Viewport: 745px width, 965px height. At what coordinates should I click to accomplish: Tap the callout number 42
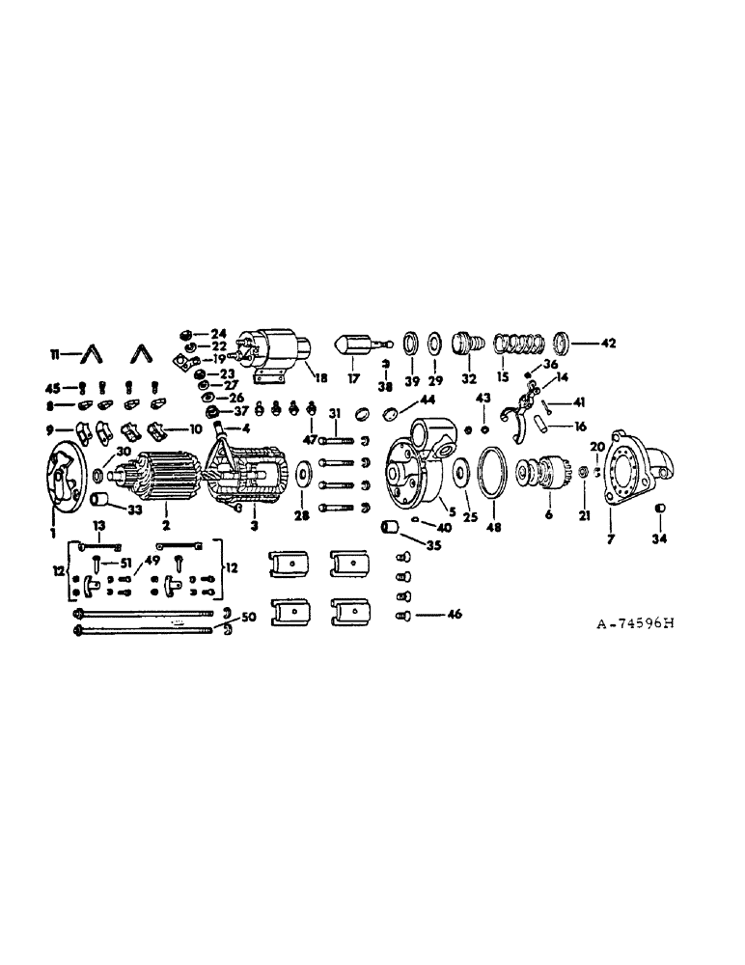point(608,343)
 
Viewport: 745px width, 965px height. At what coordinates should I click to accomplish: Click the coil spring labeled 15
point(515,343)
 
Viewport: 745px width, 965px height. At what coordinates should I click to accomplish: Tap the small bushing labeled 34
point(660,510)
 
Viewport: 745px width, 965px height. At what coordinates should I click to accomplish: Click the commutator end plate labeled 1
point(64,476)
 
